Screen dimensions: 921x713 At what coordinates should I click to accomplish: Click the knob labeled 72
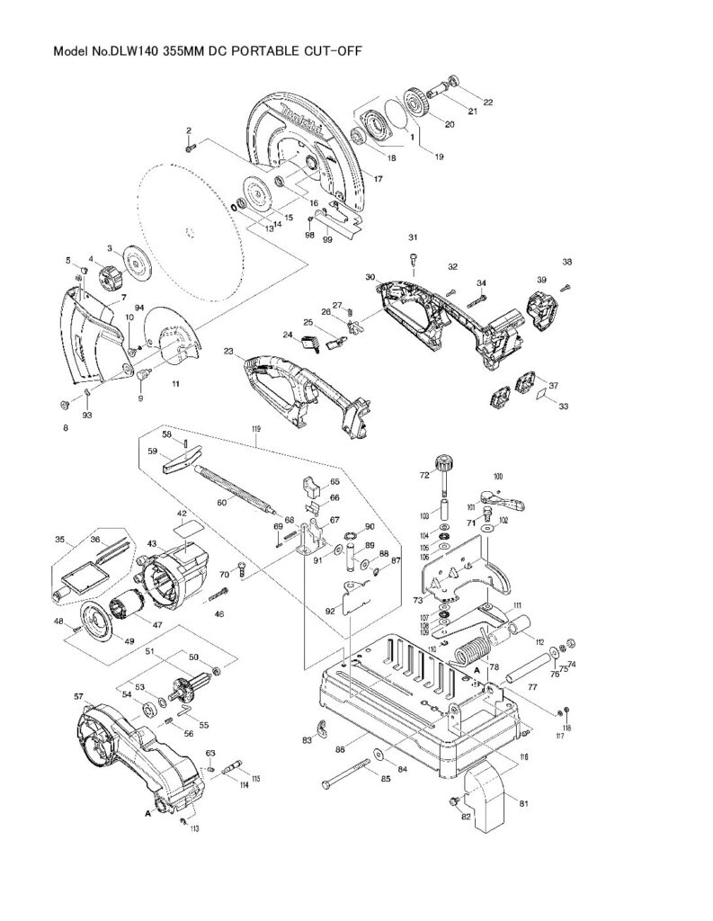pos(441,465)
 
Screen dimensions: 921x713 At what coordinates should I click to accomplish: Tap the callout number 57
pos(78,697)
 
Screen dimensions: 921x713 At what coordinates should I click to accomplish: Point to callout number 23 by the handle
pos(228,352)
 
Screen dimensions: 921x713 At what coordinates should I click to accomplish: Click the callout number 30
pos(370,278)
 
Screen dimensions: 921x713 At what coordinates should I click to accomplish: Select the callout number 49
pos(104,640)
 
